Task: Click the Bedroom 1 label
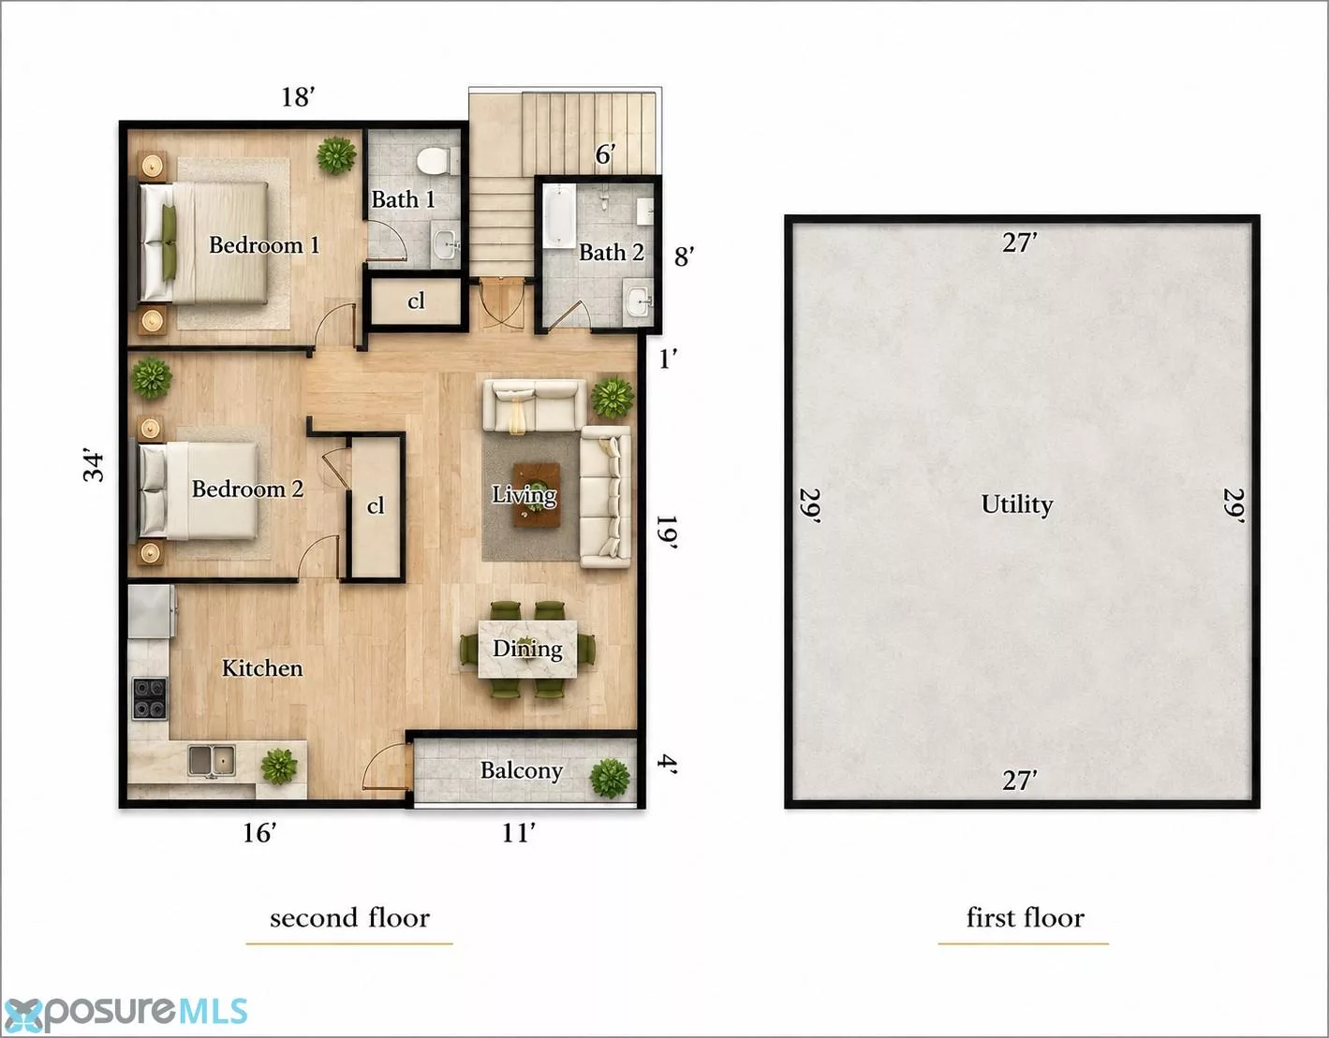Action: tap(264, 245)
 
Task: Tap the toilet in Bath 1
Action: tap(436, 162)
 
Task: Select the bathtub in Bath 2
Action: tap(559, 216)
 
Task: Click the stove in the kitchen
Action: tap(150, 698)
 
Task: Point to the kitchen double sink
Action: tap(211, 761)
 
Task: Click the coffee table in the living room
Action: tap(536, 494)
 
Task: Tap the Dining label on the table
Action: tap(527, 649)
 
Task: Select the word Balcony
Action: tap(521, 770)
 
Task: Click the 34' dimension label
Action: tap(94, 467)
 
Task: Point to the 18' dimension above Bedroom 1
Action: tap(298, 97)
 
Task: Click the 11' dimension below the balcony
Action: tap(518, 833)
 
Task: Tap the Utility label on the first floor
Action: tap(1016, 504)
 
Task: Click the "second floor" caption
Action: tap(350, 917)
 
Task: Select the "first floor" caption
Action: tap(1025, 917)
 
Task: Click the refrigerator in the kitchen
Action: tap(151, 611)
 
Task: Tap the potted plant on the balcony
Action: tap(610, 778)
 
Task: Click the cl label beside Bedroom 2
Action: tap(376, 505)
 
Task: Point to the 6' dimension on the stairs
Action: tap(605, 154)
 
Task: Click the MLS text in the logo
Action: tap(213, 1010)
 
